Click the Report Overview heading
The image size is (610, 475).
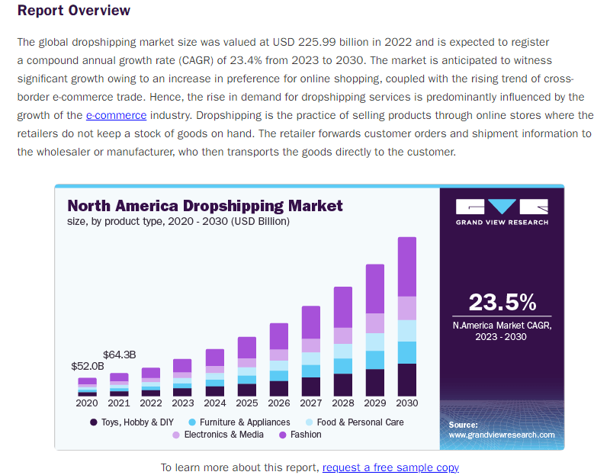[73, 11]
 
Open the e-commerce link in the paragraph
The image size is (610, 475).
[116, 115]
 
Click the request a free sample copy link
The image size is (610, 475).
[390, 467]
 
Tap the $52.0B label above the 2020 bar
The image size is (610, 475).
[87, 366]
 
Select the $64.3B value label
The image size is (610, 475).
[119, 355]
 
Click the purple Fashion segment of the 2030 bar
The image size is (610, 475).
[407, 266]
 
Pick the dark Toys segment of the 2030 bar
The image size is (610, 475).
[407, 380]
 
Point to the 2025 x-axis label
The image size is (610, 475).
[247, 403]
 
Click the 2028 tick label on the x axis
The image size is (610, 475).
[343, 403]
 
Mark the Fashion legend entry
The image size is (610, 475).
[301, 435]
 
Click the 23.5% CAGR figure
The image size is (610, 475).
[502, 302]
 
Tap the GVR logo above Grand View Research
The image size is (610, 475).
[502, 207]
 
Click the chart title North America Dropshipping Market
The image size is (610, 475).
[205, 206]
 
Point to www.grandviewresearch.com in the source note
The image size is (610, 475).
[502, 435]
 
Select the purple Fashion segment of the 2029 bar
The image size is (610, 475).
[375, 288]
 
